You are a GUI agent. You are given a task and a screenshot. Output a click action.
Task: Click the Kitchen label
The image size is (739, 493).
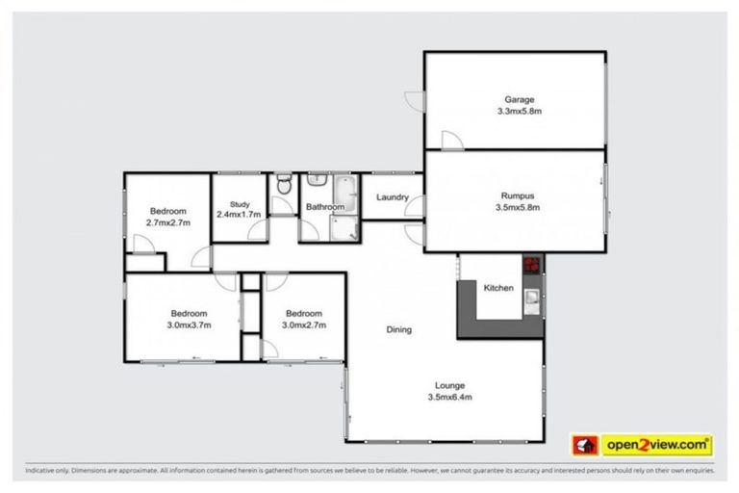pos(497,288)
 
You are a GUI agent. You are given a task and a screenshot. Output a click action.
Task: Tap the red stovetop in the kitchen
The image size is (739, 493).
pos(532,263)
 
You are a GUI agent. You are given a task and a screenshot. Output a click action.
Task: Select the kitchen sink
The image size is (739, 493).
pos(532,305)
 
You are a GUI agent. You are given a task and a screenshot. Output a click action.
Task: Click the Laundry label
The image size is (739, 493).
pos(393,197)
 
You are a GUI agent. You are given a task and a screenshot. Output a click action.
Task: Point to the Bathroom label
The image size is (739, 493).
pos(324,207)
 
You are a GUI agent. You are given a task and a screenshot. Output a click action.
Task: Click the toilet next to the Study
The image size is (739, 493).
pos(283,184)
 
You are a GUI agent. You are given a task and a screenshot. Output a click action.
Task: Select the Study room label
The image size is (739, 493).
pos(240,203)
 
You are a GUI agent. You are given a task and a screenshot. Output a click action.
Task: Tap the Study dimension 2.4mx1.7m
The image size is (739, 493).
pos(240,214)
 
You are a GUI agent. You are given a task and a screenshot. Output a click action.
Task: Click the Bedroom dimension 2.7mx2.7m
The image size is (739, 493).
pos(167,222)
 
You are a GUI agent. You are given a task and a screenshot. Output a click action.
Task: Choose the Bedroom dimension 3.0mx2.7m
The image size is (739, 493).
pos(303,324)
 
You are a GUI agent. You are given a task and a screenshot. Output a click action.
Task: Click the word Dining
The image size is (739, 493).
pos(399,329)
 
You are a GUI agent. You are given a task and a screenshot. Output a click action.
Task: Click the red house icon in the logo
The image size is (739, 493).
pos(585,445)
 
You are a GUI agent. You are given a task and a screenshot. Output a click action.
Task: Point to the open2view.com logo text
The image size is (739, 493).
pos(657,445)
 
